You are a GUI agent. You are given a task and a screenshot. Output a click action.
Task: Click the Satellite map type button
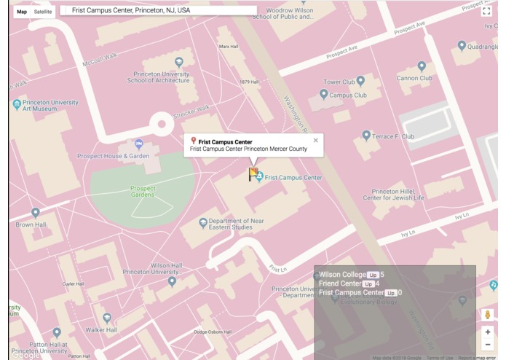point(43,12)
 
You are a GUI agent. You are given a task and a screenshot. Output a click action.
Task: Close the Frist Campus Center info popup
point(315,141)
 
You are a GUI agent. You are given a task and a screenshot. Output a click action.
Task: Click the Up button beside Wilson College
point(372,275)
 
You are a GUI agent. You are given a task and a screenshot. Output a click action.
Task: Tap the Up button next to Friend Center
point(368,284)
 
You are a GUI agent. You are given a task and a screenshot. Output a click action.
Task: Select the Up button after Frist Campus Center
point(391,293)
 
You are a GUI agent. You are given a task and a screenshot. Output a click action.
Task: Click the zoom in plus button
point(488,332)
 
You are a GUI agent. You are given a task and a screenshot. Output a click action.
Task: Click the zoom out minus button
point(488,345)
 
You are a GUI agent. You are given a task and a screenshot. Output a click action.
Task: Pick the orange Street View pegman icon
point(488,315)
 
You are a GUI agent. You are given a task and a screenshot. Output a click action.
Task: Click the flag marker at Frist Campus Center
point(253,174)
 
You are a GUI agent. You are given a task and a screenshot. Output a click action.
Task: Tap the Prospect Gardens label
point(143,192)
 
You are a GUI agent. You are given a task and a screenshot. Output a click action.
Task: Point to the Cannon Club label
point(414,78)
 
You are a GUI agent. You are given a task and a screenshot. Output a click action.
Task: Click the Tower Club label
point(339,82)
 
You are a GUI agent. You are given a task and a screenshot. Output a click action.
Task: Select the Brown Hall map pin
point(35,214)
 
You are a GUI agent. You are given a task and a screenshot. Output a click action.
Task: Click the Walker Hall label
point(101,330)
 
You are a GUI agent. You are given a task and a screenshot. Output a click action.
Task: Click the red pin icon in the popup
point(194,141)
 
